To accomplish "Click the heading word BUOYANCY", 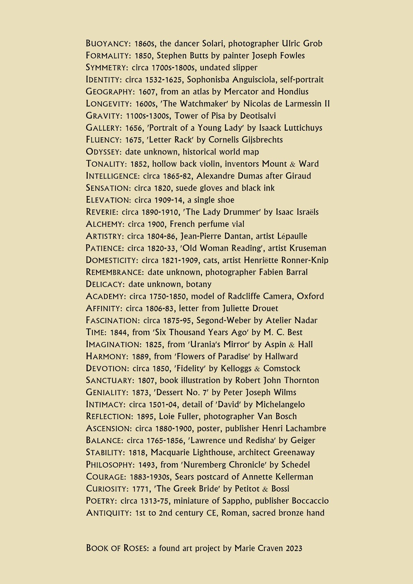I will (107, 44).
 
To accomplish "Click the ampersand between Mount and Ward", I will (292, 164).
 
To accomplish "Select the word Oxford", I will (310, 296).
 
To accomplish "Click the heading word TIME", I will (96, 333).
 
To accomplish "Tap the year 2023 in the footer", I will (294, 549).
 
